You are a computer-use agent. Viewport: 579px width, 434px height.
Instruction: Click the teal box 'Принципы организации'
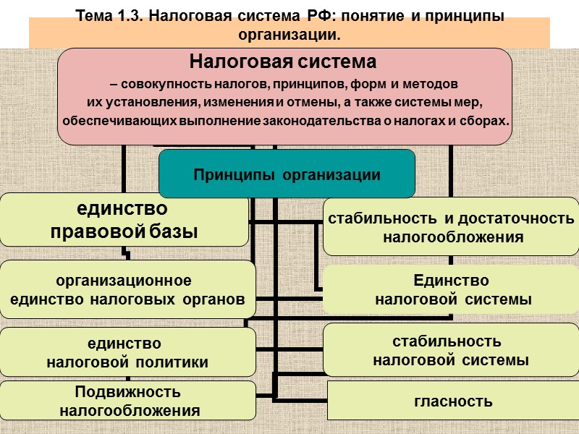(x=287, y=174)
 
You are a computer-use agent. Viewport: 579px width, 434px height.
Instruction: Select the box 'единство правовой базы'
(x=124, y=220)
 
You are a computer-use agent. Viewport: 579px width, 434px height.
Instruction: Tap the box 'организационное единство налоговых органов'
(x=127, y=290)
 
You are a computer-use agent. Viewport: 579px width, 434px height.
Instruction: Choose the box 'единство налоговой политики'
(x=127, y=352)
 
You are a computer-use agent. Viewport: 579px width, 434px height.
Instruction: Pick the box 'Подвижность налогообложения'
(x=128, y=401)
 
